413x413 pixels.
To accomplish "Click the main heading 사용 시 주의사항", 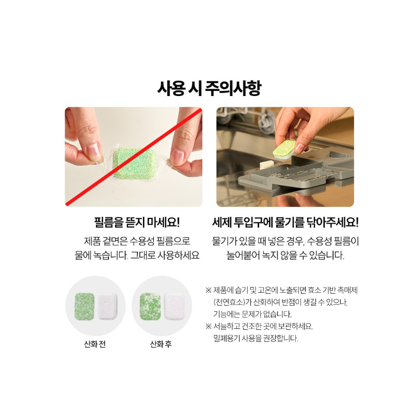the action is (x=209, y=88).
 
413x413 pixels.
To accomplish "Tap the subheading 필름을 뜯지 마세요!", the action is (x=137, y=222).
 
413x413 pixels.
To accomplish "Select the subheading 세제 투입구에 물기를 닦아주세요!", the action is (x=285, y=222).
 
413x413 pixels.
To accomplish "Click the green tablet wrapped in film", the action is (x=134, y=164).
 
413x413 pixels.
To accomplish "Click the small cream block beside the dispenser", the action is (x=267, y=164).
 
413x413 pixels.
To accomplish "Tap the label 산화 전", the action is (x=95, y=344).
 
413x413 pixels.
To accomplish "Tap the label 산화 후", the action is (x=161, y=344).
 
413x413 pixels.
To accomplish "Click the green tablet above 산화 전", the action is (x=85, y=306).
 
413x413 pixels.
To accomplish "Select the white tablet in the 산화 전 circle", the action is (x=107, y=306).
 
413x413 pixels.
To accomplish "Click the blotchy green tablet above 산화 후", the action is (x=150, y=306).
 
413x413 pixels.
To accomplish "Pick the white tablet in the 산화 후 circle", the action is (x=174, y=306).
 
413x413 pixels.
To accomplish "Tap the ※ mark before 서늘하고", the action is (x=209, y=326).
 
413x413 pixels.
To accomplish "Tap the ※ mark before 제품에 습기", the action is (x=209, y=290).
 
